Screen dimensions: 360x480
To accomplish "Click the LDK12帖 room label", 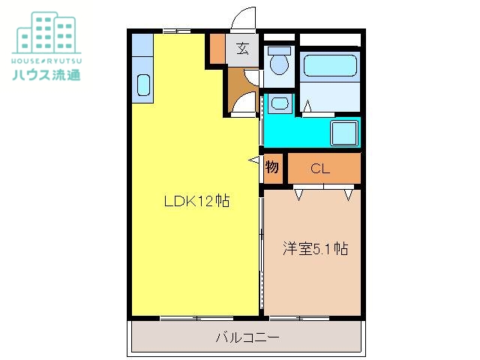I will coord(197,201).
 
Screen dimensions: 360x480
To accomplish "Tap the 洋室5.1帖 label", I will coord(314,249).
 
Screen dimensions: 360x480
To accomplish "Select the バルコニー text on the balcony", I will coord(247,338).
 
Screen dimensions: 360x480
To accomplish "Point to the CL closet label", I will coord(320,169).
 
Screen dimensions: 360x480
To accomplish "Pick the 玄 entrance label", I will coord(242,50).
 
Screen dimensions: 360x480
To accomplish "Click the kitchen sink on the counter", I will coord(143,85).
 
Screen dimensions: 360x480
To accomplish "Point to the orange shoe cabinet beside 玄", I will coord(217,49).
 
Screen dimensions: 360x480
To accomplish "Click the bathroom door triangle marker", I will coord(307,110).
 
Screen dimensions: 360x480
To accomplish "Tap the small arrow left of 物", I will coord(255,160).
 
